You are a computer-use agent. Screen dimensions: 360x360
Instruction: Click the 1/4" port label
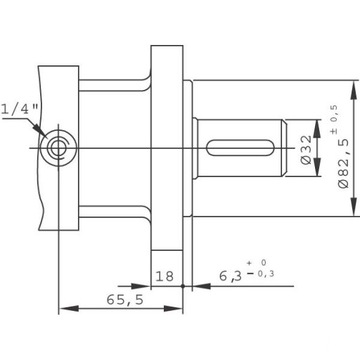[x=21, y=109]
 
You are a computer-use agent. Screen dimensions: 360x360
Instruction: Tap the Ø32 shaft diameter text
[x=306, y=149]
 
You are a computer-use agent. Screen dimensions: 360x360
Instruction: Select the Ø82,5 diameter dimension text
[x=344, y=163]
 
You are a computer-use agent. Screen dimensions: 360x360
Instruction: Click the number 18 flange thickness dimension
[x=165, y=276]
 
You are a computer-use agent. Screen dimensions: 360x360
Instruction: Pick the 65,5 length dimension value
[x=125, y=300]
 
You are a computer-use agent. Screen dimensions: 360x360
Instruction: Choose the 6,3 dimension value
[x=230, y=276]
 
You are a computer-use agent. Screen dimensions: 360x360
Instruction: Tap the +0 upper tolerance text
[x=257, y=263]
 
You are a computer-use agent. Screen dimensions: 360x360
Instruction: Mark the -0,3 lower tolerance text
[x=261, y=274]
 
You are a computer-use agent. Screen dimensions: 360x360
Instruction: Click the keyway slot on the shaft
[x=239, y=148]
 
